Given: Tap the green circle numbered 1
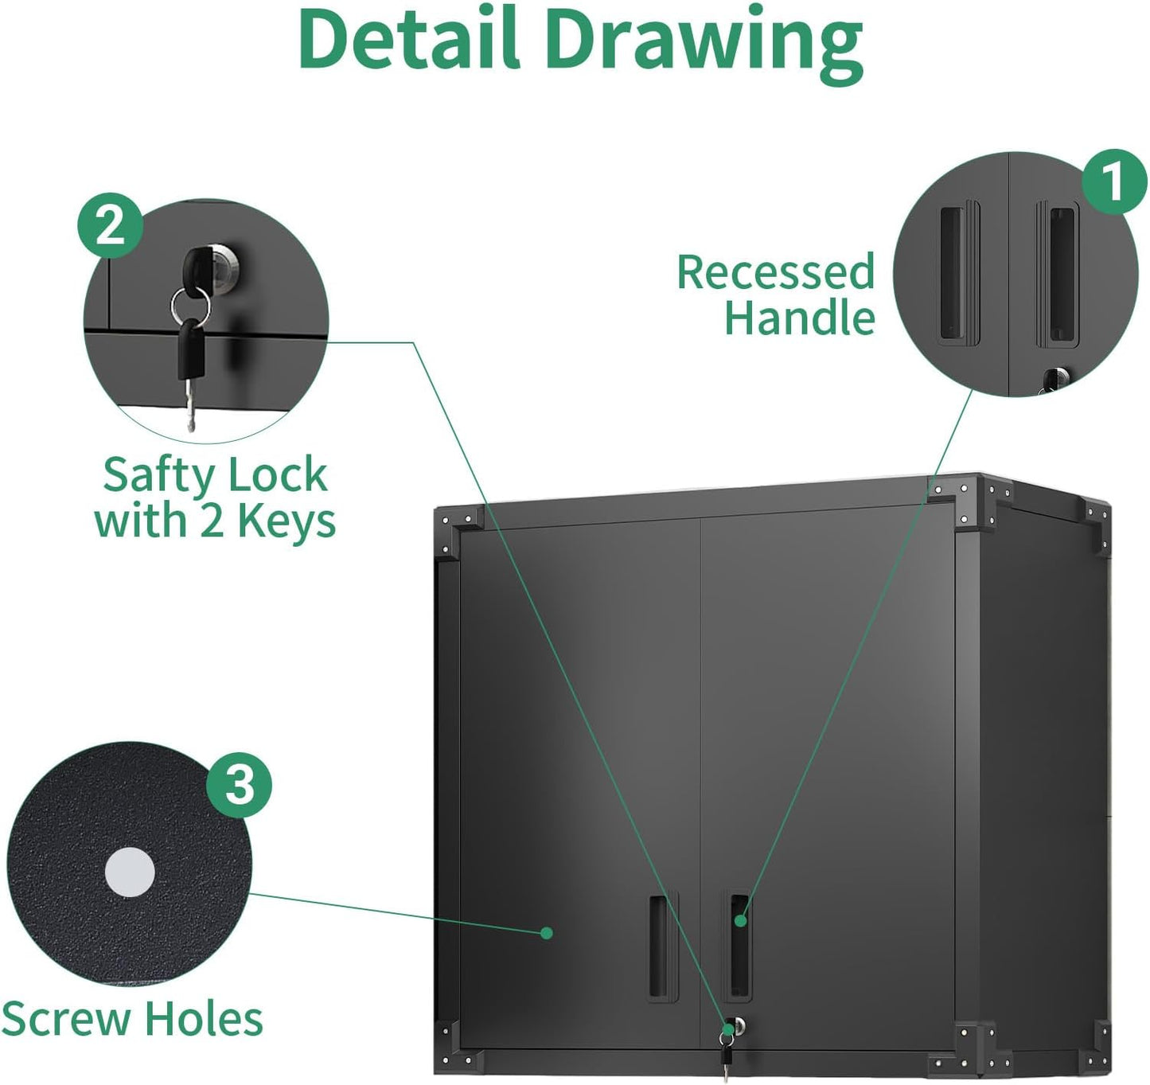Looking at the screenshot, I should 1113,182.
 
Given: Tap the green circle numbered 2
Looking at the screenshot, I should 111,226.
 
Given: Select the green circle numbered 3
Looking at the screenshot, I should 240,786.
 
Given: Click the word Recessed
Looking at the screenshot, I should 775,272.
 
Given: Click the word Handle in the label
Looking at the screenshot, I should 799,318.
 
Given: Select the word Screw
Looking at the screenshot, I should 66,1019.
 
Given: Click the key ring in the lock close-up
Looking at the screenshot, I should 190,305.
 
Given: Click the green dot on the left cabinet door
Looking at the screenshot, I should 546,932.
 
